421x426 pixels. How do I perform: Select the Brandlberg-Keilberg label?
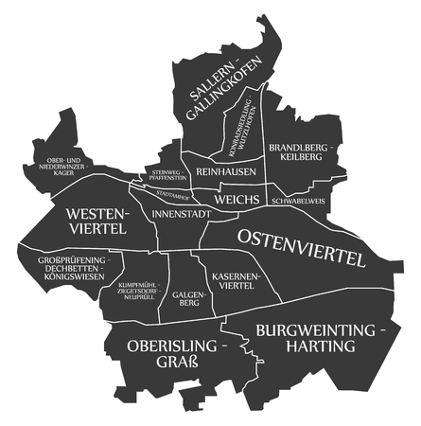click(297, 152)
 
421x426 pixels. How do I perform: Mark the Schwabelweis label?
click(298, 201)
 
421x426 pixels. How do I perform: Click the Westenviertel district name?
click(96, 222)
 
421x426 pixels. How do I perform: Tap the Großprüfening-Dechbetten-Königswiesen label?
click(65, 267)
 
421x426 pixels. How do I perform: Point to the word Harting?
click(323, 347)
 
